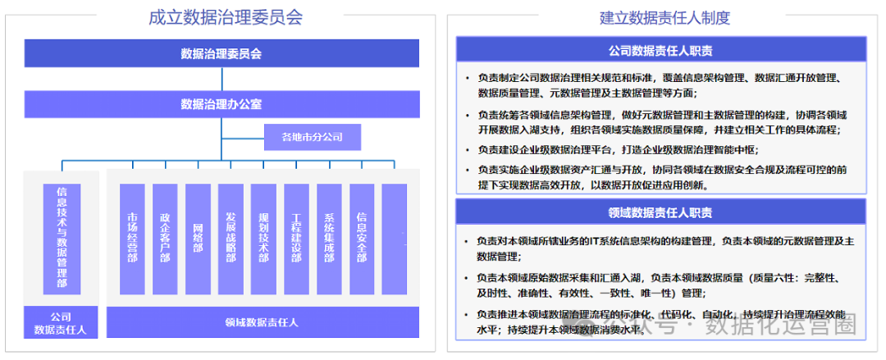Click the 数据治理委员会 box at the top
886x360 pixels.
(x=221, y=54)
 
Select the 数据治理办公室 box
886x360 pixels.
(x=221, y=104)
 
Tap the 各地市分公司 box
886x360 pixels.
(x=312, y=137)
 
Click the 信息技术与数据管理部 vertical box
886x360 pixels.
(x=62, y=239)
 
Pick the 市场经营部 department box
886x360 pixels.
(x=132, y=239)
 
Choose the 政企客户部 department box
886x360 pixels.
(x=165, y=239)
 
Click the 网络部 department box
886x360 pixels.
(x=198, y=239)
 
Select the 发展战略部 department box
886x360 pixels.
(x=231, y=239)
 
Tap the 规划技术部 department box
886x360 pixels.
(x=263, y=239)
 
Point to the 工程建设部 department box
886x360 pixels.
(x=296, y=239)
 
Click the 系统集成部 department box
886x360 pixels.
(x=329, y=239)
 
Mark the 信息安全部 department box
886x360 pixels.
(x=362, y=239)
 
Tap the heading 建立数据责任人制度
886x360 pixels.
(x=664, y=17)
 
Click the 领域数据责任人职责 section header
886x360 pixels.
(x=665, y=213)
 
